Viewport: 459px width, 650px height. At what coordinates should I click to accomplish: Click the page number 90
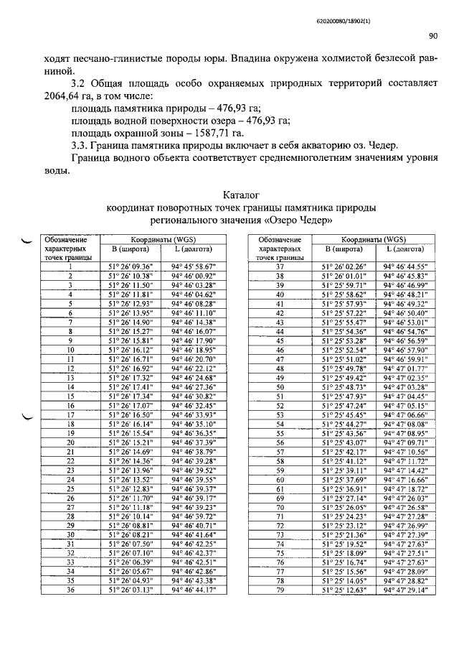433,35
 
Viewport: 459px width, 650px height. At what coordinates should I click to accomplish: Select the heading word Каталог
240,195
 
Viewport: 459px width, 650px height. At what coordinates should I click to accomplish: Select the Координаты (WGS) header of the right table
373,239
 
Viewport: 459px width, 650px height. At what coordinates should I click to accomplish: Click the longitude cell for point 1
194,266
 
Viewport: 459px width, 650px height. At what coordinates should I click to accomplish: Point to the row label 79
280,590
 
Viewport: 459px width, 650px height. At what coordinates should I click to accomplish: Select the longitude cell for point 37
406,266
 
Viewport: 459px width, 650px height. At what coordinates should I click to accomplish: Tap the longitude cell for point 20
194,443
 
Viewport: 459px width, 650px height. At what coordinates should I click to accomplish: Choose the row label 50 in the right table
280,386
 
